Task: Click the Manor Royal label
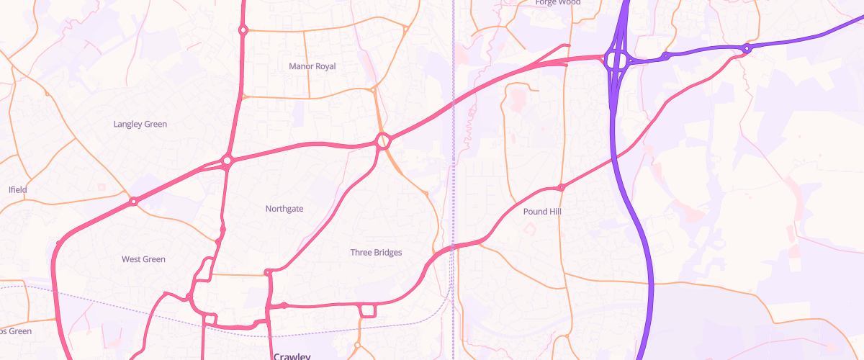312,66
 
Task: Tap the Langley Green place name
140,124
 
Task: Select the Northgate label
284,209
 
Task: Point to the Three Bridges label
376,253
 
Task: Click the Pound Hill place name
541,212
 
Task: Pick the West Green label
143,259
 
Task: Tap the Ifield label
17,190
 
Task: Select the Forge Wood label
557,2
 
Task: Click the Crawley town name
292,356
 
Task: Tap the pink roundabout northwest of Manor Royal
243,30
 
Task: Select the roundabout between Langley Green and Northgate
227,160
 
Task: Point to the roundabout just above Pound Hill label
561,187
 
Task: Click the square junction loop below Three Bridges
368,310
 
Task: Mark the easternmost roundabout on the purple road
747,49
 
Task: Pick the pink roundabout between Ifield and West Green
133,202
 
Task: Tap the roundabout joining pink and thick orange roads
382,140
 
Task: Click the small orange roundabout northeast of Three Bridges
427,194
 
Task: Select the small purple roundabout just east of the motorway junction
666,55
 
